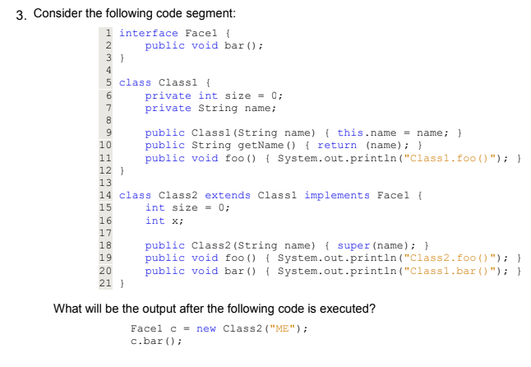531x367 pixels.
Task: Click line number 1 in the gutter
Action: coord(109,33)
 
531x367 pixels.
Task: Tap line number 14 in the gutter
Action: coord(105,195)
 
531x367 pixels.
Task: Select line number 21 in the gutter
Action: coord(105,283)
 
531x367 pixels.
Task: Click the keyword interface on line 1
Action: coord(148,33)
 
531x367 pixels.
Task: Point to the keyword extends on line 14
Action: coord(228,195)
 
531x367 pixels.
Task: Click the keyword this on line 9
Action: coord(350,132)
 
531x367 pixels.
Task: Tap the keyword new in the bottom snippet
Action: coord(206,329)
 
